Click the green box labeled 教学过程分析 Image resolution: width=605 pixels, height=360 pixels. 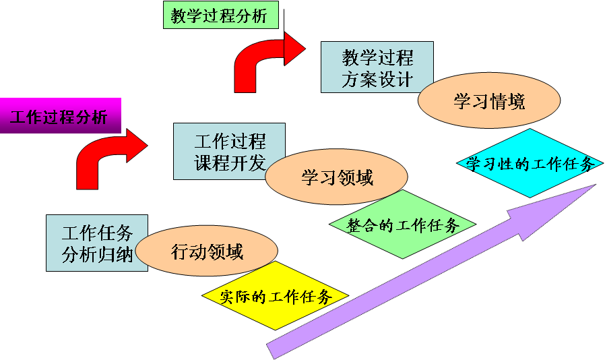[x=220, y=16]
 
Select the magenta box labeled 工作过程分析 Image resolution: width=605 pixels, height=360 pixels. [x=59, y=117]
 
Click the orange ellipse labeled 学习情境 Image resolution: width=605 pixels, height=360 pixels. [x=489, y=102]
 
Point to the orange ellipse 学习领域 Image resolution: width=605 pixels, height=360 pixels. [x=336, y=177]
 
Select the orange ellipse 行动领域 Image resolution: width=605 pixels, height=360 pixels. [x=206, y=252]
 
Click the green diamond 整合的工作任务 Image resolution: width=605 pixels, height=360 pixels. [x=403, y=224]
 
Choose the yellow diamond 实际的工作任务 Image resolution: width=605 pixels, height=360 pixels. [x=276, y=296]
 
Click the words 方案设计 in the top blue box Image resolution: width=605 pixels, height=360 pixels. [x=377, y=79]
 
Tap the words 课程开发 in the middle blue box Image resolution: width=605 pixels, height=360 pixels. [x=230, y=163]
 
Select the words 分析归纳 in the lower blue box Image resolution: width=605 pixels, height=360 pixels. [x=97, y=255]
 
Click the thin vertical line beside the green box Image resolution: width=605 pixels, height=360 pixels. [x=285, y=24]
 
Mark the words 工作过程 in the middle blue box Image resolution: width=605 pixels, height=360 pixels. [x=230, y=141]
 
